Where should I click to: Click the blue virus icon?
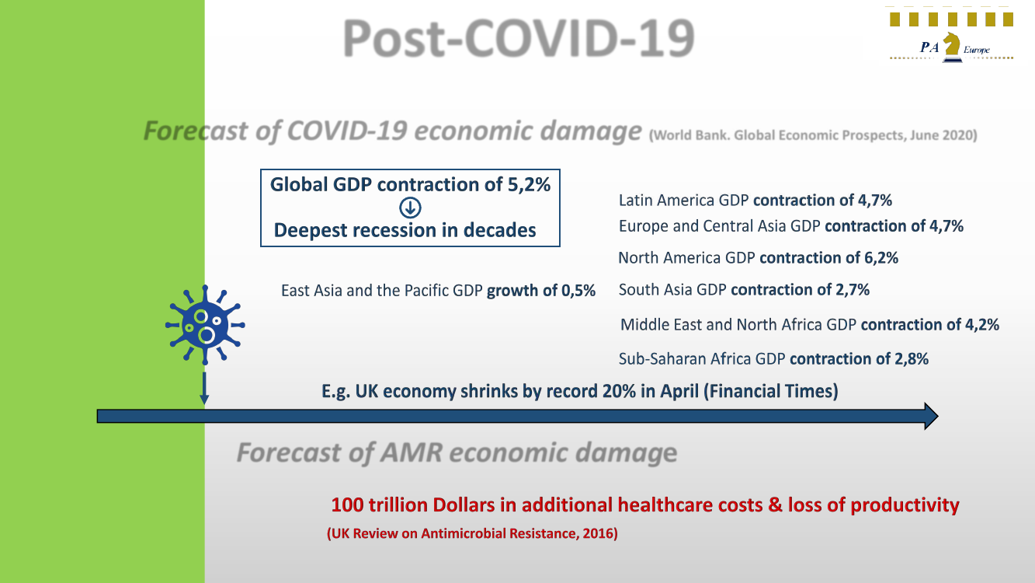click(204, 325)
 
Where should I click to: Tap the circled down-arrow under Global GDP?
click(410, 208)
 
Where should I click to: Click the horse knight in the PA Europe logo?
click(951, 47)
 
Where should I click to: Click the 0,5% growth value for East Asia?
click(578, 291)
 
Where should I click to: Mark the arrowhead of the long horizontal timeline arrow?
click(929, 417)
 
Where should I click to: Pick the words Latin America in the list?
click(665, 201)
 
